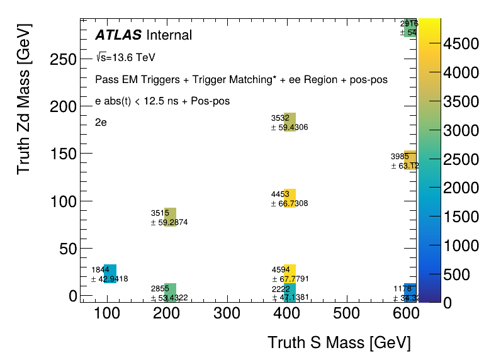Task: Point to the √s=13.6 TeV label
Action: coord(126,57)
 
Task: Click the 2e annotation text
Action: coord(101,122)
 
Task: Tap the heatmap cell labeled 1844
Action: coord(110,274)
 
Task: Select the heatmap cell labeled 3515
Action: coord(170,217)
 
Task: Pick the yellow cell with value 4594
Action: coord(290,273)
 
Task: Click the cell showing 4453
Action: coord(290,198)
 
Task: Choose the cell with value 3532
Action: coord(290,121)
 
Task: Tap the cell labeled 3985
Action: coord(410,160)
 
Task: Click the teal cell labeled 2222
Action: coord(290,292)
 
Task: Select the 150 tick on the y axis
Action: coord(64,154)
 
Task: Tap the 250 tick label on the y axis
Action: coord(64,60)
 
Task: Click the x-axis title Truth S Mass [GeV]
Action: coord(339,343)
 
